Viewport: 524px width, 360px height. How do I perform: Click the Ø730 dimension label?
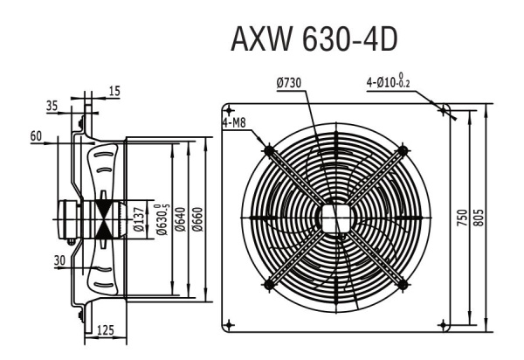pyautogui.click(x=289, y=82)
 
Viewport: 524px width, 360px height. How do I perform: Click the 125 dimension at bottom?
pyautogui.click(x=106, y=329)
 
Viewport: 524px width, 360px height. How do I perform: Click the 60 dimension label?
pyautogui.click(x=36, y=135)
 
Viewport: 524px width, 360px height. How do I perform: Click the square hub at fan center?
pyautogui.click(x=334, y=218)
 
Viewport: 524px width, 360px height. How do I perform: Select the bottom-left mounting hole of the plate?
pyautogui.click(x=230, y=324)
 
